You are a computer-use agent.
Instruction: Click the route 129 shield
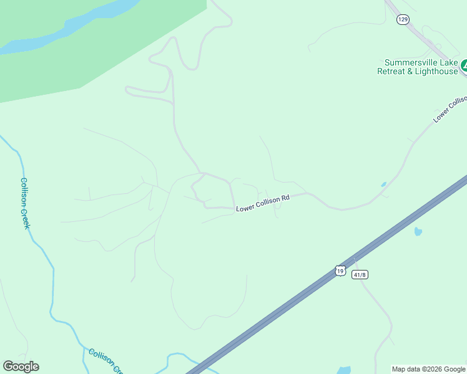tap(403, 20)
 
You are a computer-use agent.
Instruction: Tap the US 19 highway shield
tap(339, 270)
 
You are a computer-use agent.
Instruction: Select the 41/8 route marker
tap(358, 274)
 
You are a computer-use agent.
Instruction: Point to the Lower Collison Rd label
tap(263, 203)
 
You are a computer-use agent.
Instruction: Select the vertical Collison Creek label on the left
tap(25, 203)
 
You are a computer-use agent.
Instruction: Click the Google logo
tap(21, 367)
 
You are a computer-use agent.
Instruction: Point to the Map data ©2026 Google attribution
tap(429, 369)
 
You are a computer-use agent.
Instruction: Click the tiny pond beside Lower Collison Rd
tap(383, 185)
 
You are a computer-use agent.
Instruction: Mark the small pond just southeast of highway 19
tap(418, 232)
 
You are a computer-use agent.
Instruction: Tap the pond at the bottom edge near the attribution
tap(343, 370)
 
